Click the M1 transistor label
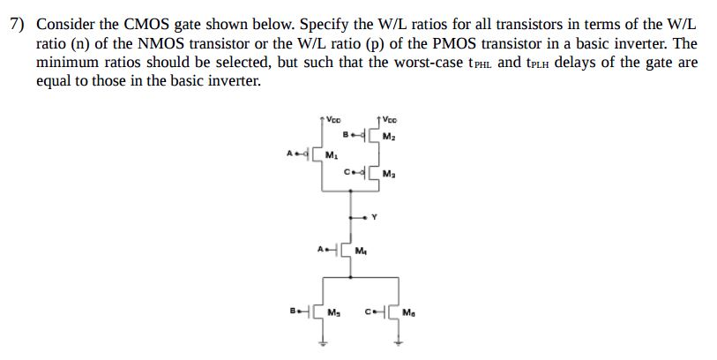pos(331,156)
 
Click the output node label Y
pos(376,214)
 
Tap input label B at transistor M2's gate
pos(347,136)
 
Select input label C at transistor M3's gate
pos(347,171)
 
